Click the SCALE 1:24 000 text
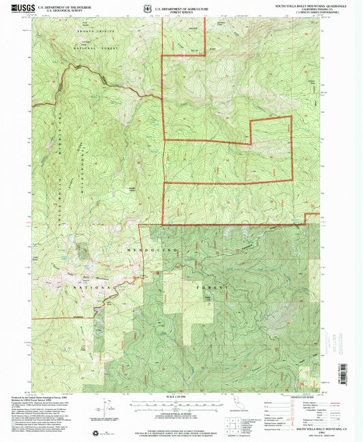181,397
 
